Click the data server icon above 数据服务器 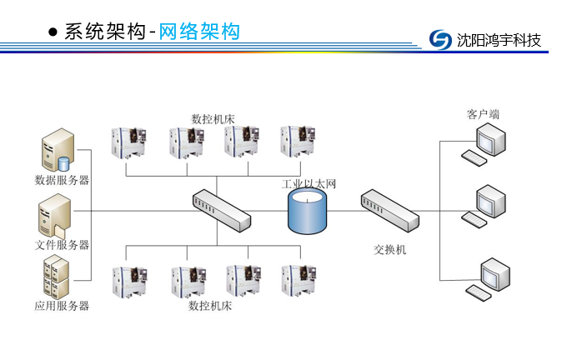tap(58, 150)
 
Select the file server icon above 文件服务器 tap(55, 217)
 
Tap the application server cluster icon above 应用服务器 tap(56, 277)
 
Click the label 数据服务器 tap(62, 180)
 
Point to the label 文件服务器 tap(62, 245)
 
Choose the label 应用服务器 tap(62, 306)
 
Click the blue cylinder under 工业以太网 tap(307, 212)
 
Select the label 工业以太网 tap(309, 184)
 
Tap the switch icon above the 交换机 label tap(390, 211)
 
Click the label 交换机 tap(390, 250)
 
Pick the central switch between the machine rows tap(222, 211)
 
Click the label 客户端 tap(483, 114)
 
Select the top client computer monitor tap(491, 139)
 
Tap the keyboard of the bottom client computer tap(479, 293)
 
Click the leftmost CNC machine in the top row tap(128, 143)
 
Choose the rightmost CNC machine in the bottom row tap(299, 280)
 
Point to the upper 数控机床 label tap(213, 119)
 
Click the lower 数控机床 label tap(210, 306)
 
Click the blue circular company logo tap(440, 39)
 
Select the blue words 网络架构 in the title tap(199, 31)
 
